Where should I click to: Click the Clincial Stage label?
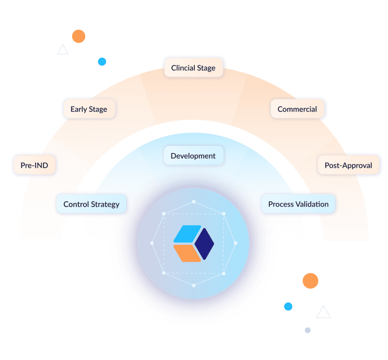[x=193, y=68]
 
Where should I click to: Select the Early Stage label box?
[x=89, y=109]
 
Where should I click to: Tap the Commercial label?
[x=297, y=109]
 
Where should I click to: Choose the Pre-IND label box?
[x=34, y=165]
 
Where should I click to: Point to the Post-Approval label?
[x=348, y=165]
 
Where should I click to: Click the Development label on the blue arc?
[x=193, y=156]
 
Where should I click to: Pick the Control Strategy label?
[x=91, y=204]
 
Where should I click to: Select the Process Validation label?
[x=298, y=204]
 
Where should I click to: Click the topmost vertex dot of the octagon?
[x=194, y=202]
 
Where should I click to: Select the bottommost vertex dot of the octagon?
[x=194, y=285]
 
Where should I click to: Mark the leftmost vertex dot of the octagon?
[x=152, y=243]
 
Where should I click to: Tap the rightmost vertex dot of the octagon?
[x=236, y=243]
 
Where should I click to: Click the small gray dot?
[x=308, y=330]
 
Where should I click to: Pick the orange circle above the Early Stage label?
[x=78, y=36]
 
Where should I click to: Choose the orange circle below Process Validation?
[x=310, y=281]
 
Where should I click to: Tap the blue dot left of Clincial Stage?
[x=102, y=62]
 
